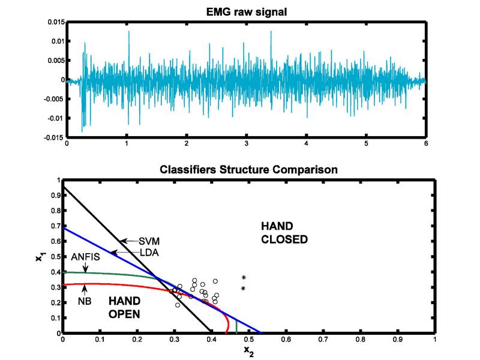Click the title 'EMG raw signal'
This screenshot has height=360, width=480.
pyautogui.click(x=247, y=12)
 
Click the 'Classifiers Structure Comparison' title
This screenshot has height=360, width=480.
pyautogui.click(x=248, y=169)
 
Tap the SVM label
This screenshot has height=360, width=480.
pyautogui.click(x=149, y=241)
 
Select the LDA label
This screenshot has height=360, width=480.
pyautogui.click(x=149, y=253)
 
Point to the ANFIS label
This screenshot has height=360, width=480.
pyautogui.click(x=85, y=257)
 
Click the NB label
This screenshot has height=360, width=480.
pyautogui.click(x=85, y=301)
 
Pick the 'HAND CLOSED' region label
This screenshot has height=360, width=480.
pyautogui.click(x=284, y=233)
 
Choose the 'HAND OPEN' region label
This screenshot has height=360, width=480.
pyautogui.click(x=125, y=308)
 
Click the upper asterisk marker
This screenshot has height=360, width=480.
pyautogui.click(x=244, y=277)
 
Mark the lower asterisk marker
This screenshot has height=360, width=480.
pyautogui.click(x=244, y=288)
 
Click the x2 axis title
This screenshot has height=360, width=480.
pyautogui.click(x=248, y=351)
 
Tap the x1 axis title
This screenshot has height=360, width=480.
pyautogui.click(x=39, y=256)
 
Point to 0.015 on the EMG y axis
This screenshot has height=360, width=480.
pyautogui.click(x=56, y=22)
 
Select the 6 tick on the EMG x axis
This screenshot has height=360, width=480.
pyautogui.click(x=426, y=143)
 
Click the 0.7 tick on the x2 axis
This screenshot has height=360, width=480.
pyautogui.click(x=323, y=339)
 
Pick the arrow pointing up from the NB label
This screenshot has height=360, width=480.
pyautogui.click(x=85, y=290)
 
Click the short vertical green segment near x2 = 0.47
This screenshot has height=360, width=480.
pyautogui.click(x=236, y=326)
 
